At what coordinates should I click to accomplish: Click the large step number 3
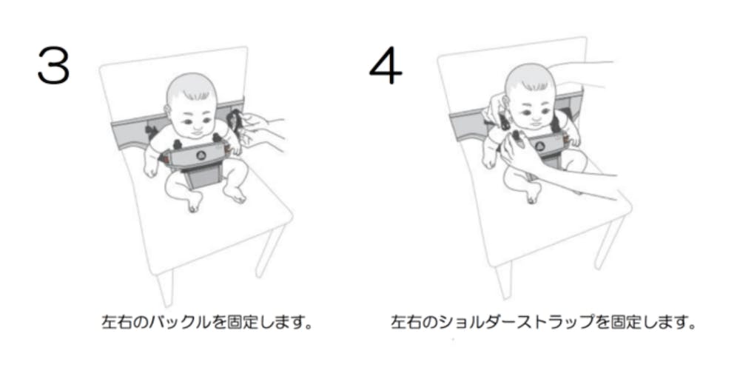[x=53, y=65]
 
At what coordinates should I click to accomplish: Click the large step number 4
[x=386, y=65]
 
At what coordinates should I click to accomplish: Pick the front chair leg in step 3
[x=165, y=288]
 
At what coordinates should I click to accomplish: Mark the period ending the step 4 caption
[x=691, y=326]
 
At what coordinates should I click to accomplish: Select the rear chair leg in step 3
[x=270, y=250]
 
